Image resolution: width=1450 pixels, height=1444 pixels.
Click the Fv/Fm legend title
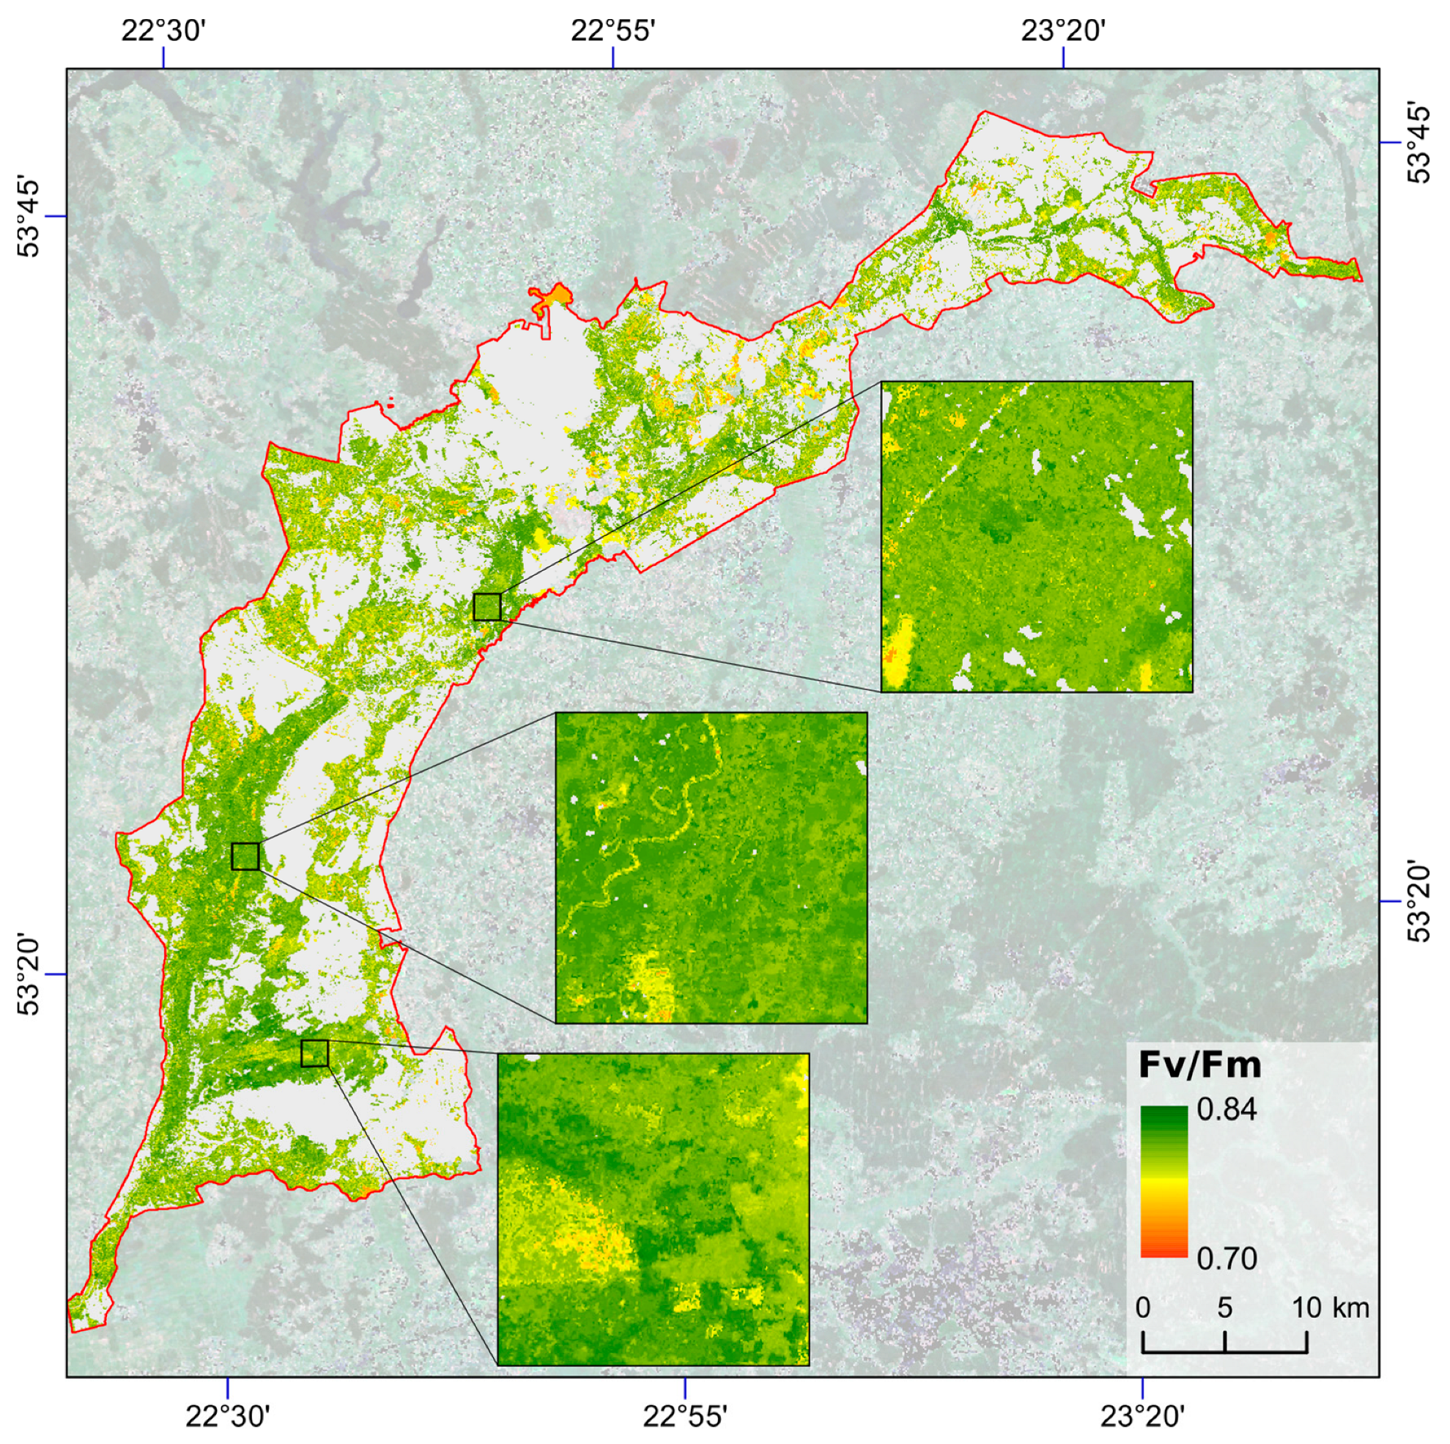pyautogui.click(x=1199, y=1065)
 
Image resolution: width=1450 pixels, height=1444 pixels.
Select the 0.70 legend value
pyautogui.click(x=1227, y=1258)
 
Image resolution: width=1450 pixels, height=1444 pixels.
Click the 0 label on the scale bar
pyautogui.click(x=1142, y=1308)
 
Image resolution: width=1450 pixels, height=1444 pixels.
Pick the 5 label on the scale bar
pyautogui.click(x=1224, y=1308)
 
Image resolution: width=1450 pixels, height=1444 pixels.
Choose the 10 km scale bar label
pyautogui.click(x=1330, y=1308)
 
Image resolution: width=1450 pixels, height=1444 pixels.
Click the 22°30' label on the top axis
pyautogui.click(x=163, y=32)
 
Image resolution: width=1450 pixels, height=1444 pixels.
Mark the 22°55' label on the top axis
pyautogui.click(x=614, y=32)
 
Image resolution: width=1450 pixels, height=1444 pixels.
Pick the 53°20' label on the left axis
pyautogui.click(x=30, y=974)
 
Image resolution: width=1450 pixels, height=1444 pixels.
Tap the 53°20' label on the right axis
pyautogui.click(x=1420, y=900)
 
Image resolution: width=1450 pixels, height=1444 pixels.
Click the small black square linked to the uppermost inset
pyautogui.click(x=487, y=607)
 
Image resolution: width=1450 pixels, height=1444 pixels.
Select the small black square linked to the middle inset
pyautogui.click(x=245, y=856)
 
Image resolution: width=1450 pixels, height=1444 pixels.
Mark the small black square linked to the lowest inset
pyautogui.click(x=314, y=1053)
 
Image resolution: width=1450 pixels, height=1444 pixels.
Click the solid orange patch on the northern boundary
pyautogui.click(x=557, y=295)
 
